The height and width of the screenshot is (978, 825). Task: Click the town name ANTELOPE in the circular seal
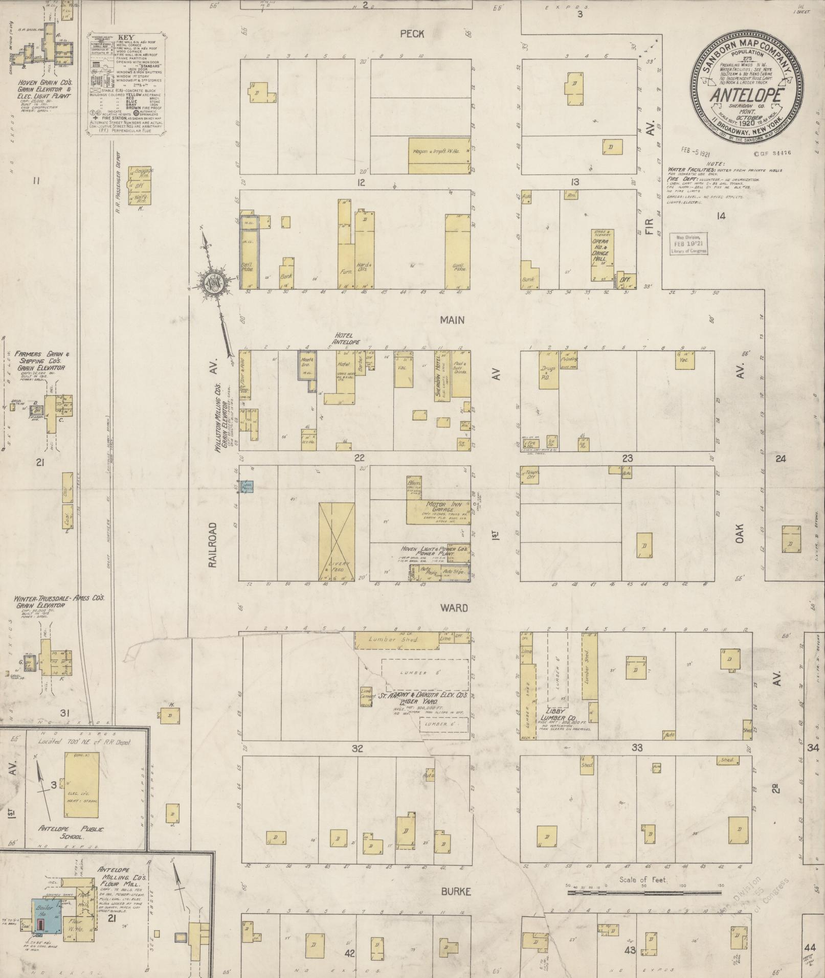coord(747,96)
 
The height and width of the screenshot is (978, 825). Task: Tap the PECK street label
coord(412,34)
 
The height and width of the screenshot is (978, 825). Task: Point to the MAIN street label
coord(452,320)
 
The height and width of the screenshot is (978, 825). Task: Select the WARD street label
coord(454,608)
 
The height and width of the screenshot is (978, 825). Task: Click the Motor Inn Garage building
coord(439,511)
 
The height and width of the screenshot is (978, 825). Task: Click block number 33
coord(636,748)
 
